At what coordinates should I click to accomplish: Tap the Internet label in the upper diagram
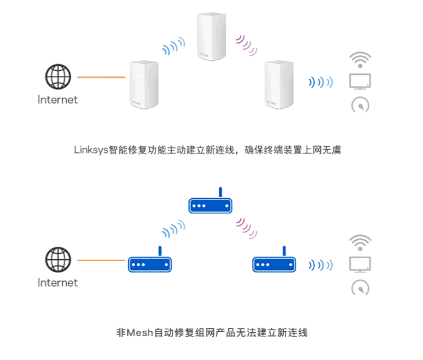(58, 99)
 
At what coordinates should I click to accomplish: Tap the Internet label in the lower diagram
(58, 283)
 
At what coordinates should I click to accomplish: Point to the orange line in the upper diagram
(101, 78)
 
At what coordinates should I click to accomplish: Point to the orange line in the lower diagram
(101, 261)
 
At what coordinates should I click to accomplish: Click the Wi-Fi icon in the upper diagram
(361, 60)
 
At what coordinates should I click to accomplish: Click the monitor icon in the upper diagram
(361, 81)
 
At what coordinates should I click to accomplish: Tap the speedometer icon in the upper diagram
(361, 104)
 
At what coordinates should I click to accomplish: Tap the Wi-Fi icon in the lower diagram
(361, 241)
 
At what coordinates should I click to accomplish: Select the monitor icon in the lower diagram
(361, 264)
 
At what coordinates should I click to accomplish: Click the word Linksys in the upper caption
(91, 150)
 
